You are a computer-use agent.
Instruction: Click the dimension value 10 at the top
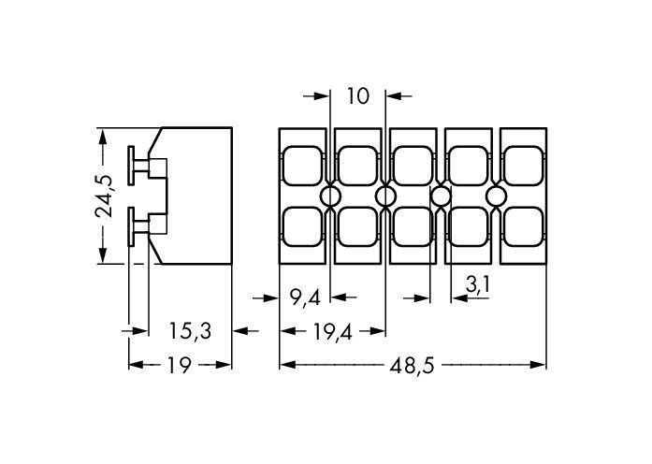tap(358, 94)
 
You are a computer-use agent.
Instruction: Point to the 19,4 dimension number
tap(332, 330)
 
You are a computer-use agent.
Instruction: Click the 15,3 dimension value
tap(190, 330)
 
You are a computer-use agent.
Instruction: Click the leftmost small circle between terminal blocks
tap(330, 196)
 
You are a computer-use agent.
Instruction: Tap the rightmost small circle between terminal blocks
tap(496, 196)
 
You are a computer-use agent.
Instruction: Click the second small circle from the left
tap(385, 196)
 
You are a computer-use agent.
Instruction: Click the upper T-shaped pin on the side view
tap(139, 167)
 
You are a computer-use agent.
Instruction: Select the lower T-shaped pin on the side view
tap(139, 224)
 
